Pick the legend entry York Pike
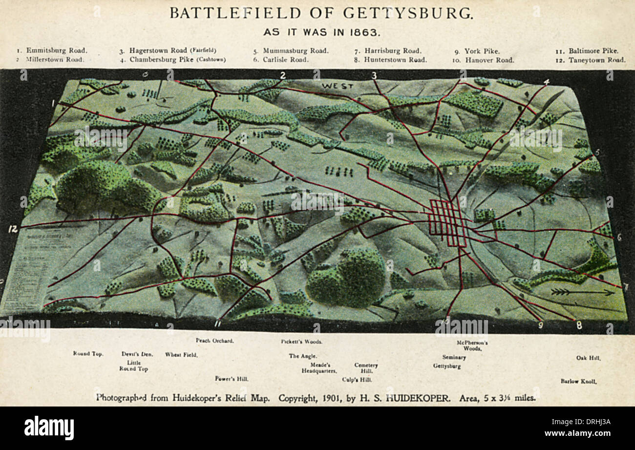click(x=482, y=50)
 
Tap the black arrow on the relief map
click(x=582, y=292)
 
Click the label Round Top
click(x=88, y=354)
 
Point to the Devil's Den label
click(x=137, y=354)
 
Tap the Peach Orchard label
click(x=214, y=341)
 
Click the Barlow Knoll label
click(x=578, y=381)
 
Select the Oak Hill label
click(x=588, y=358)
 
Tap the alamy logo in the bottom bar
click(x=49, y=428)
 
